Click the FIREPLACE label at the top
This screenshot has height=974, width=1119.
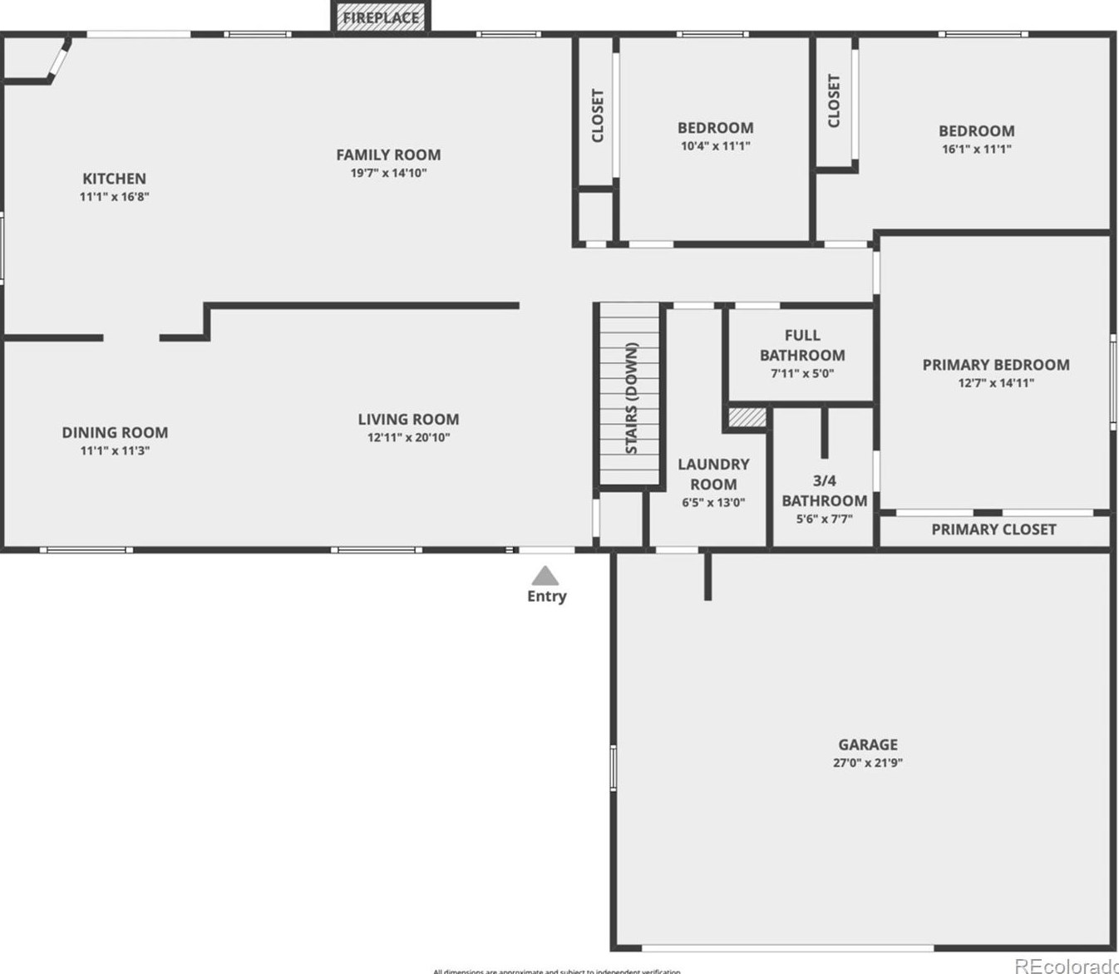click(x=381, y=17)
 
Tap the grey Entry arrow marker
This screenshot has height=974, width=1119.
click(x=545, y=575)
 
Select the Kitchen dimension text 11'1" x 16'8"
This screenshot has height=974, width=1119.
click(x=114, y=197)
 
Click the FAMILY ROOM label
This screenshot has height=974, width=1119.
click(x=388, y=155)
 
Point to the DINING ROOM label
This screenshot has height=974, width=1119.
click(x=115, y=432)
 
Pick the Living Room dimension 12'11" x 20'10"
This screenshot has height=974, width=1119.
click(x=408, y=438)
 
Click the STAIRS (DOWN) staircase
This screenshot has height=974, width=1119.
click(x=631, y=397)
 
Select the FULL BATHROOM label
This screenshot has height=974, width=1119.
click(x=802, y=345)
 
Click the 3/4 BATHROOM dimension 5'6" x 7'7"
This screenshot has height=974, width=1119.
click(x=824, y=519)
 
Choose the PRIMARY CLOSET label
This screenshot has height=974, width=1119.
click(x=993, y=529)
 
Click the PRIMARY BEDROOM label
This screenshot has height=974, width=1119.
click(x=996, y=365)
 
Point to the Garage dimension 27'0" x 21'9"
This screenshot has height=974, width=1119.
click(x=867, y=763)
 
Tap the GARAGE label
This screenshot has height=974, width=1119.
click(x=867, y=745)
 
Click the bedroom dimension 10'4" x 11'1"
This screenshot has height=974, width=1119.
click(x=715, y=146)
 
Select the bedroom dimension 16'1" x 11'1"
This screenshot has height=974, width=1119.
click(x=976, y=150)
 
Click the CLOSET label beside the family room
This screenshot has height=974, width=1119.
click(x=598, y=115)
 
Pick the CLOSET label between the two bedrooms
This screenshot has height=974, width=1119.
click(x=834, y=101)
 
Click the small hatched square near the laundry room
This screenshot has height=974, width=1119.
click(x=747, y=417)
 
